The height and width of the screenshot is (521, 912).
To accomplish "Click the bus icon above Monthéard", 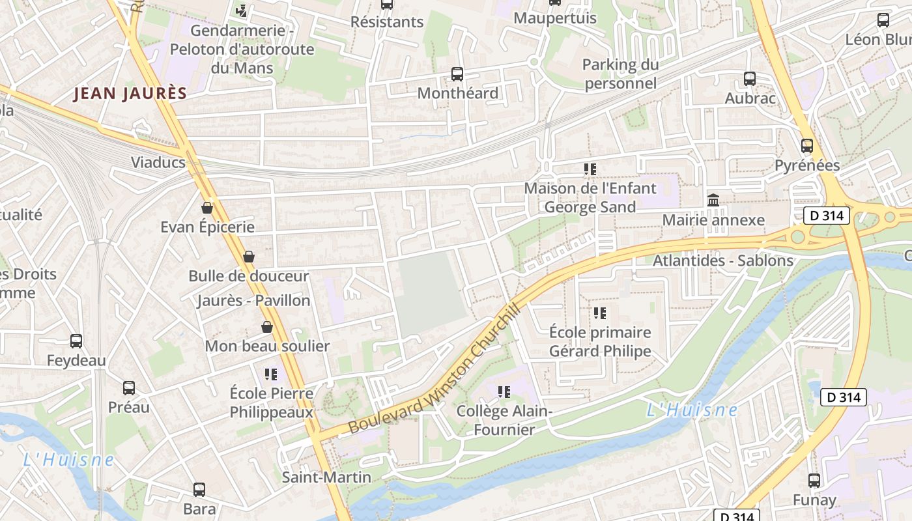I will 457,74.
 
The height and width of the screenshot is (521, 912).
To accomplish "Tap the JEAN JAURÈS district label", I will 130,94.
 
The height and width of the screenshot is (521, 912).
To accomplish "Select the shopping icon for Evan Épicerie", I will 207,208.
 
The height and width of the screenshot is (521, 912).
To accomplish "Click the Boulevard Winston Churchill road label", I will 435,369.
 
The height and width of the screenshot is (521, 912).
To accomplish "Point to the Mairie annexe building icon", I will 713,200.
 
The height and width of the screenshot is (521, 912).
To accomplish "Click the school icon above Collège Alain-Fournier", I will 504,391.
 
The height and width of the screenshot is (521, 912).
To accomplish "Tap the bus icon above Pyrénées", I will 807,146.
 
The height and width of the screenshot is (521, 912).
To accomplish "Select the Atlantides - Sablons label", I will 723,260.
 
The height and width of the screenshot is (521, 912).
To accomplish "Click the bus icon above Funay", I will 814,481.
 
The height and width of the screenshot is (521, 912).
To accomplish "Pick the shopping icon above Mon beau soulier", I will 266,326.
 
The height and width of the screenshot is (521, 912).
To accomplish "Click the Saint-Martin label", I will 326,477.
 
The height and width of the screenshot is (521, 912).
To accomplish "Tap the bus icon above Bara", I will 199,489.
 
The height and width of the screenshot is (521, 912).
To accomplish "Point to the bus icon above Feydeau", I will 76,341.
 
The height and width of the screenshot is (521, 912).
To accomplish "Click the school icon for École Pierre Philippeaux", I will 271,374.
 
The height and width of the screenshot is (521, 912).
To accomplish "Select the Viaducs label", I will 158,162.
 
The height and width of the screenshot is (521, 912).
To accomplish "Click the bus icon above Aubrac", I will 750,79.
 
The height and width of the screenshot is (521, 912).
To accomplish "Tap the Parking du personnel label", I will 620,74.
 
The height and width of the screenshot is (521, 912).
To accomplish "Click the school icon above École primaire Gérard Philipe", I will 600,313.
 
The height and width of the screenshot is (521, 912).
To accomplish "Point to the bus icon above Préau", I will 129,388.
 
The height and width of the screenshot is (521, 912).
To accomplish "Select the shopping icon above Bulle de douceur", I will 248,257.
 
